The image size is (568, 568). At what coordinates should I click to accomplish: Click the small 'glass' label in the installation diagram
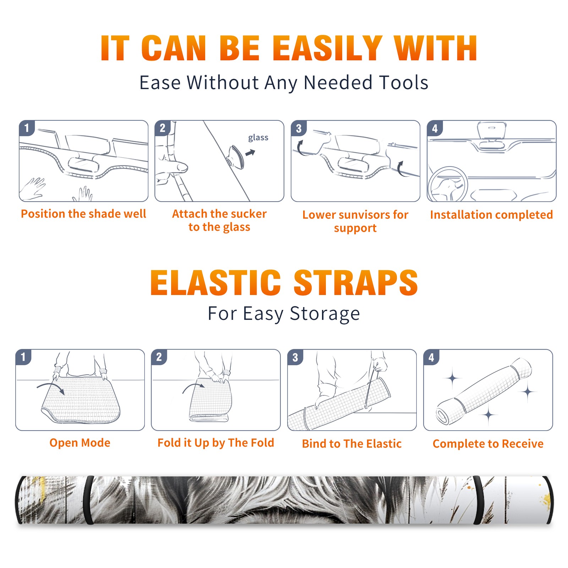pyautogui.click(x=258, y=138)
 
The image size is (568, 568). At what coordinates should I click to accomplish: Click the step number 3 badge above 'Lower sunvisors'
pyautogui.click(x=299, y=128)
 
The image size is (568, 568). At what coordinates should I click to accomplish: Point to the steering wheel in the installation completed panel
pyautogui.click(x=447, y=184)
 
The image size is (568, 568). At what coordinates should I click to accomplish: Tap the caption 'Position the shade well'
pyautogui.click(x=83, y=214)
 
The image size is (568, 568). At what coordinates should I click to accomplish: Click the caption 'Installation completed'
pyautogui.click(x=491, y=215)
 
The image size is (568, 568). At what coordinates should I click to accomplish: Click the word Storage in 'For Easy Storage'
pyautogui.click(x=325, y=314)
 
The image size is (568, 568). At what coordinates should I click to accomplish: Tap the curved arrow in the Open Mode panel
pyautogui.click(x=51, y=387)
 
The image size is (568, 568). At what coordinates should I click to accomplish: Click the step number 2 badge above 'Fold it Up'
pyautogui.click(x=159, y=357)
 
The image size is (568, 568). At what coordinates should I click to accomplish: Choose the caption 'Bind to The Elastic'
pyautogui.click(x=351, y=444)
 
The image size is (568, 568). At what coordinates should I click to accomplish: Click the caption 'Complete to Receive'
pyautogui.click(x=488, y=444)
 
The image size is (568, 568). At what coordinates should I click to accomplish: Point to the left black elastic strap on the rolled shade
pyautogui.click(x=88, y=500)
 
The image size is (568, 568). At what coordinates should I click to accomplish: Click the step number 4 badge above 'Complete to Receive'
pyautogui.click(x=431, y=357)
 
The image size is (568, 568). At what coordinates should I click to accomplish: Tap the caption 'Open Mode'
pyautogui.click(x=80, y=443)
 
